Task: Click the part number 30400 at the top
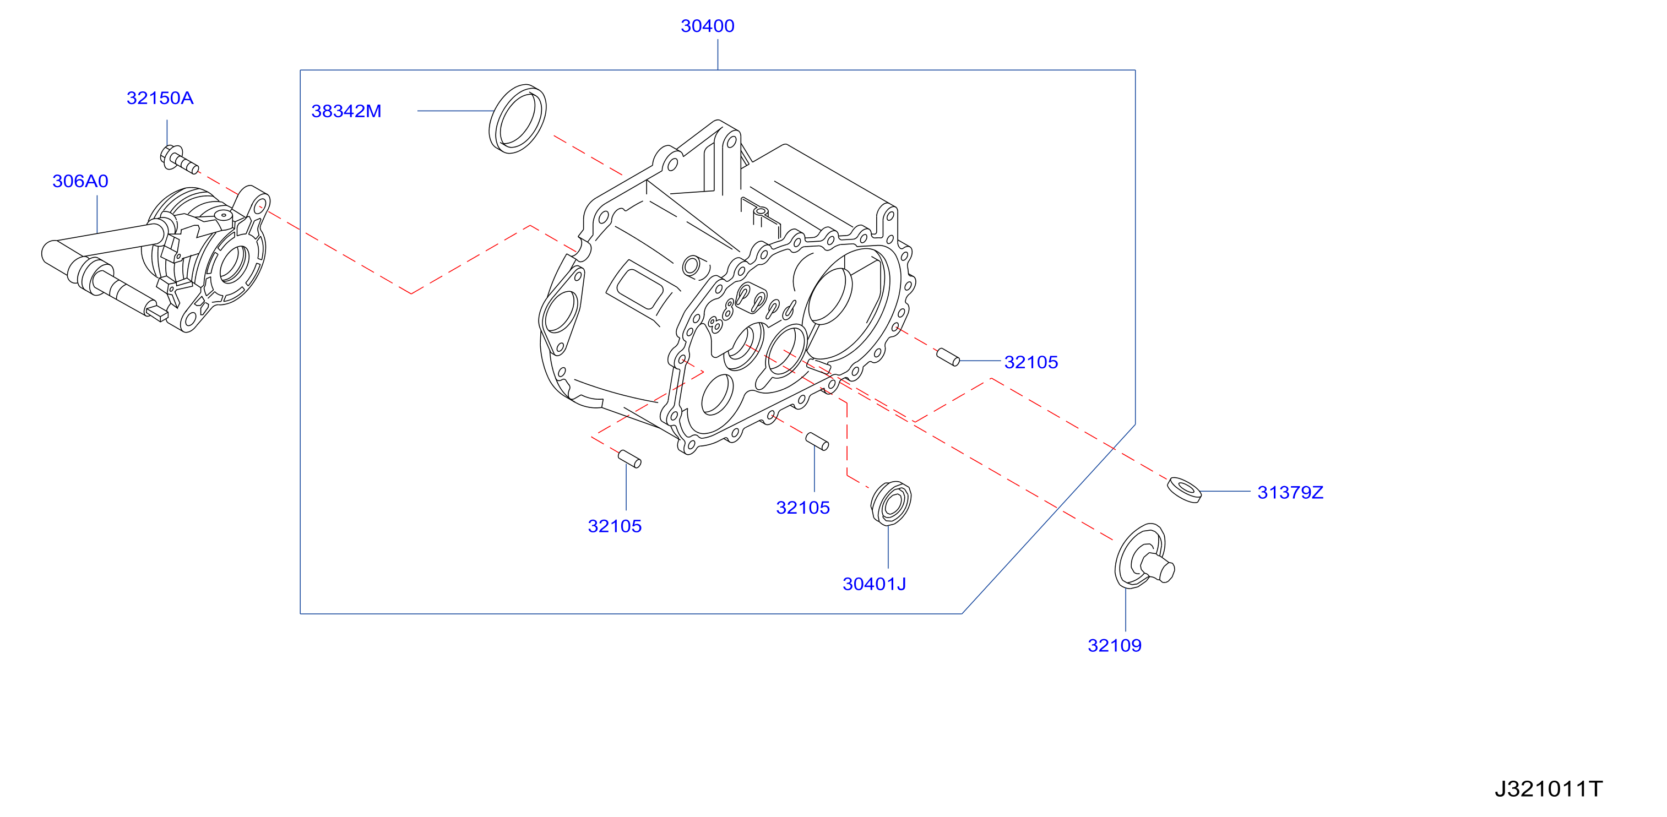click(707, 26)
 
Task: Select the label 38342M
click(346, 111)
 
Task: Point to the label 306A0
click(80, 181)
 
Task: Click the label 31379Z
click(1290, 492)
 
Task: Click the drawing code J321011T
click(1548, 788)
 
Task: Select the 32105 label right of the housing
click(1031, 362)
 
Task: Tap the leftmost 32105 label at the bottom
click(614, 526)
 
